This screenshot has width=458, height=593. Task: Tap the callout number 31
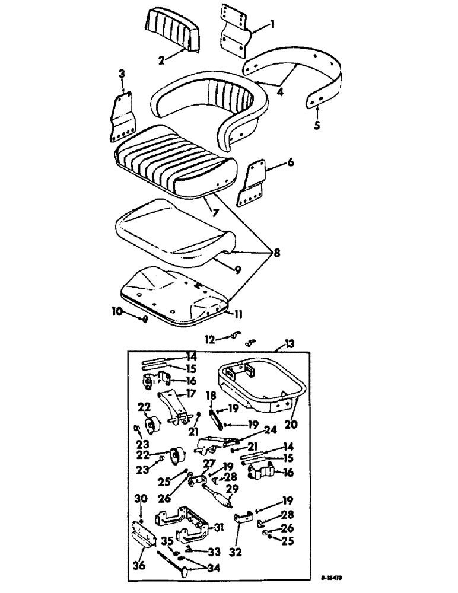[221, 528]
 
